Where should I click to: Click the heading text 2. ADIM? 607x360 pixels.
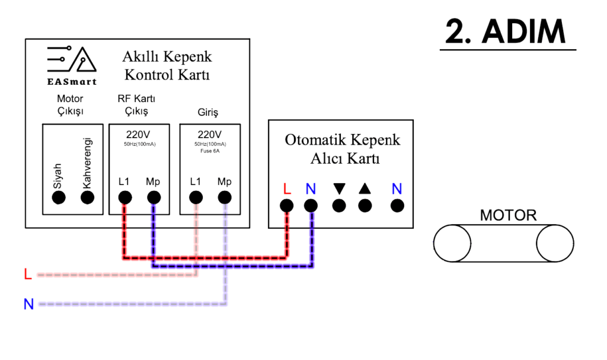510,33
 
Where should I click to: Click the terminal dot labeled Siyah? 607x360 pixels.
58,198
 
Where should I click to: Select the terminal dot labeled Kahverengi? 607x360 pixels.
87,198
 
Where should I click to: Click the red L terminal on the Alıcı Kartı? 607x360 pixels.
287,206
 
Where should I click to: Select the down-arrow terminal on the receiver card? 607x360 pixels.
339,206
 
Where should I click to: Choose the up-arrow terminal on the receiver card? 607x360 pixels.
365,206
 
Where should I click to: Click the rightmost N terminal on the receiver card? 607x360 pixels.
397,206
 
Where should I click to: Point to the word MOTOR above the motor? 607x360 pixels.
508,215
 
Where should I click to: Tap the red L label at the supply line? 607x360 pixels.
27,275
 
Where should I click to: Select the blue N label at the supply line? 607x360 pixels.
28,304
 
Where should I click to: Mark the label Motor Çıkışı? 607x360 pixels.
70,104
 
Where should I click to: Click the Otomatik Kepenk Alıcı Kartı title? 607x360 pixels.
342,149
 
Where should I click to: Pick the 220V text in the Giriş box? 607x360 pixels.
210,134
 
